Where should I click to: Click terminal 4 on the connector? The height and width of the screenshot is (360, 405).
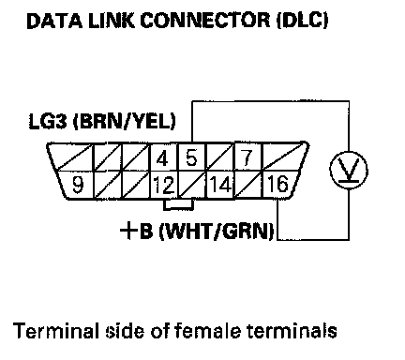click(x=164, y=157)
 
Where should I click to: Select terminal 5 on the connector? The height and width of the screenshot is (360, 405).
click(x=191, y=157)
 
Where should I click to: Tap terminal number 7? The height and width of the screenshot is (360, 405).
click(x=247, y=157)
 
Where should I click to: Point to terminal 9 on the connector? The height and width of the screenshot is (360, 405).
click(x=78, y=185)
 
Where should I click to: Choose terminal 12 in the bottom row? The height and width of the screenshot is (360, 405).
click(x=164, y=185)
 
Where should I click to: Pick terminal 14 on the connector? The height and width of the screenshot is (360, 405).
click(x=220, y=185)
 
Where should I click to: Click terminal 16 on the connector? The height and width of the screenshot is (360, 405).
click(x=278, y=184)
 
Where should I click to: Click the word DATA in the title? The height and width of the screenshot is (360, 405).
click(x=54, y=21)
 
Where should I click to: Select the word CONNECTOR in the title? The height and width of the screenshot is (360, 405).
click(x=204, y=21)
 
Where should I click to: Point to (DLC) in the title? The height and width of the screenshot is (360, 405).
click(x=302, y=21)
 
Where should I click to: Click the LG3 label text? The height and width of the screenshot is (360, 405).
click(x=48, y=121)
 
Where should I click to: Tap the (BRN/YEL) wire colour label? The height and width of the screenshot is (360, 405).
click(x=124, y=122)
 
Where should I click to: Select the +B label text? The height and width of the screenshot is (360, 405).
click(x=137, y=232)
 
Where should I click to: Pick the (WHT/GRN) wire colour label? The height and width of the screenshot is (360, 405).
click(x=217, y=232)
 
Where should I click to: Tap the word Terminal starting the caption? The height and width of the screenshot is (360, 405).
click(x=55, y=331)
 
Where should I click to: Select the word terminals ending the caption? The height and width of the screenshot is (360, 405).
click(x=292, y=331)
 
